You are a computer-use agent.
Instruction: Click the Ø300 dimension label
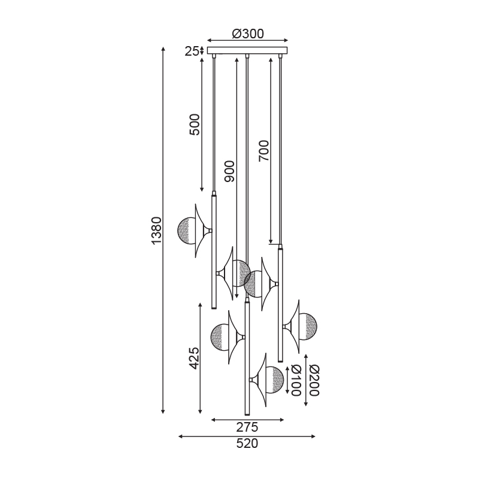tap(247, 34)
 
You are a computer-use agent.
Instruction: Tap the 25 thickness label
tap(192, 51)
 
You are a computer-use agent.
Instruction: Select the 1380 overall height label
tap(156, 231)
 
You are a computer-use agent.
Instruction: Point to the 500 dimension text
tap(194, 125)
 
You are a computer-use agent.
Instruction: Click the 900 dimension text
tap(229, 172)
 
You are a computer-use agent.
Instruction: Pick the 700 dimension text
tap(263, 151)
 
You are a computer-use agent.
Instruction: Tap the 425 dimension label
tap(193, 358)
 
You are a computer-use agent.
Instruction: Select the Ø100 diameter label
tap(296, 380)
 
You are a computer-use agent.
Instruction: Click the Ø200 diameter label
tap(315, 380)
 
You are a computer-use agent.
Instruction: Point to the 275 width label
tap(247, 428)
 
